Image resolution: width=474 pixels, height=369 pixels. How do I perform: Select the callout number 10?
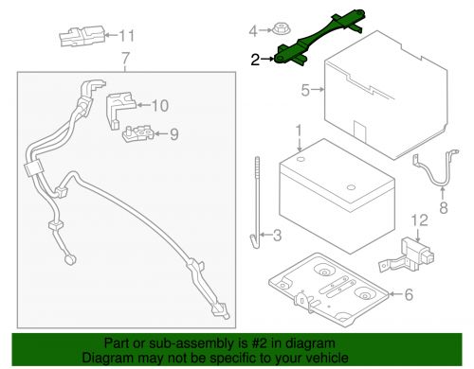point(159,105)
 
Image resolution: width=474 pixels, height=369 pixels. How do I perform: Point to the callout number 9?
point(173,134)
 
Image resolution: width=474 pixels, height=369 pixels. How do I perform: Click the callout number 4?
point(253,31)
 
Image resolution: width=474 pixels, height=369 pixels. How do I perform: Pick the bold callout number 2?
point(254,60)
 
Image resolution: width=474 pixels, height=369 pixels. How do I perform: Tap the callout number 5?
point(305,91)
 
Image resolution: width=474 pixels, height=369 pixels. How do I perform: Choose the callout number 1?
point(298,129)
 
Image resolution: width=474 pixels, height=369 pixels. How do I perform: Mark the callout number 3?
point(276,236)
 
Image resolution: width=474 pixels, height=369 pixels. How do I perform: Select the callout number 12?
point(414,220)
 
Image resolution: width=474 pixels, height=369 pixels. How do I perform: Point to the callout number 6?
point(409,295)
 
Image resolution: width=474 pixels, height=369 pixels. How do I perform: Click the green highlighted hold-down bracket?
point(313,42)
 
